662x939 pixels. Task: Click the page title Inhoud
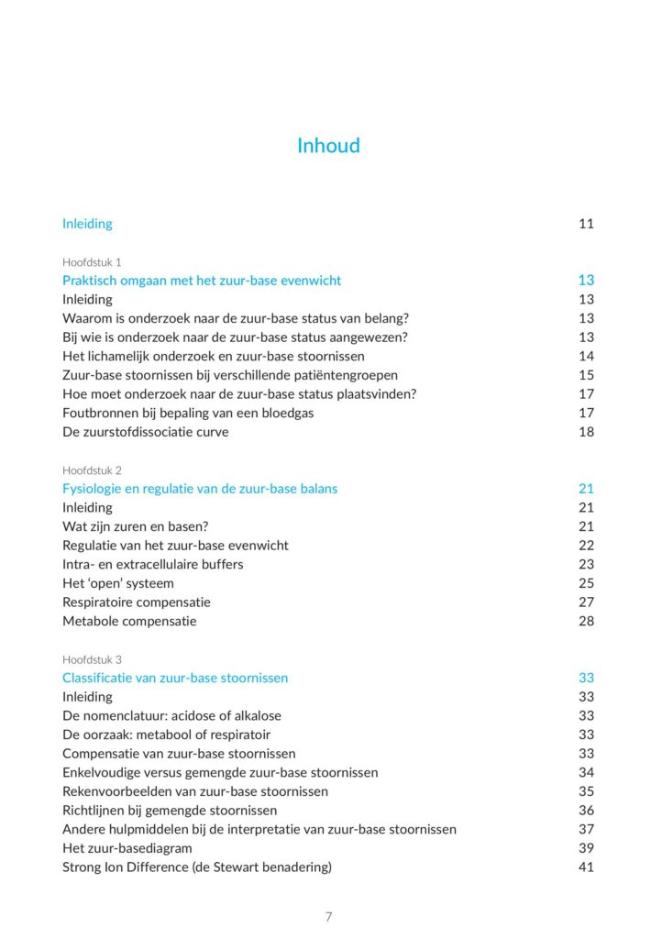click(328, 146)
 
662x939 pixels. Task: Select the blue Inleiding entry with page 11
click(87, 224)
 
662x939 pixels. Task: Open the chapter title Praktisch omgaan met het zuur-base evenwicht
click(202, 281)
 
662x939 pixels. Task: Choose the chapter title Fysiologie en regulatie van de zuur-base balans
click(200, 489)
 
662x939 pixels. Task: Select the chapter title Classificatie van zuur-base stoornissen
click(175, 679)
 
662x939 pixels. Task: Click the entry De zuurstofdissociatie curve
click(146, 432)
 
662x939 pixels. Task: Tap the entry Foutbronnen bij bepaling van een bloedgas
click(188, 414)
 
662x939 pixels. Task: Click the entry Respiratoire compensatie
click(137, 602)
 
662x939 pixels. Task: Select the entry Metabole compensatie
click(129, 622)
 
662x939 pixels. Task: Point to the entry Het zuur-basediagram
click(127, 848)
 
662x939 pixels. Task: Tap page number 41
click(586, 867)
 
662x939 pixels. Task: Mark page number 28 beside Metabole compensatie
click(586, 622)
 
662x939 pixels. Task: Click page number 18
click(586, 432)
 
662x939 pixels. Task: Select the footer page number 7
click(328, 917)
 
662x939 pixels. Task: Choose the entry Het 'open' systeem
click(118, 583)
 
